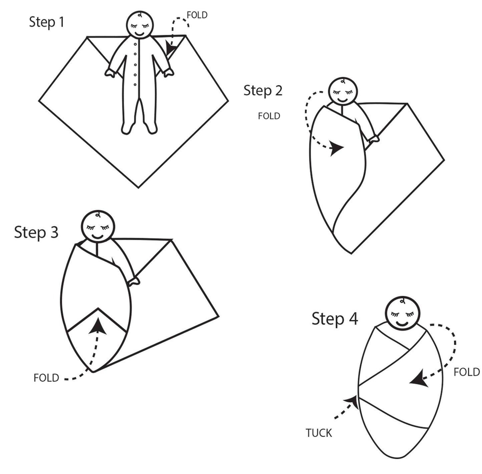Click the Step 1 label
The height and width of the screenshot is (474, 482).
click(x=46, y=22)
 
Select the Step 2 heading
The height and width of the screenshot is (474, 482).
click(x=263, y=90)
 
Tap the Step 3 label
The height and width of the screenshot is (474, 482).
click(x=36, y=232)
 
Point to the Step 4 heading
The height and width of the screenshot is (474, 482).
click(x=335, y=319)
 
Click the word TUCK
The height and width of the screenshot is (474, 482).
click(x=319, y=433)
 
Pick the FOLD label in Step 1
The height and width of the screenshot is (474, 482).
click(x=197, y=15)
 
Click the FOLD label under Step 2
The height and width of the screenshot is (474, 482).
click(x=269, y=116)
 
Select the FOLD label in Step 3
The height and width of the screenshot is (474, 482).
click(x=46, y=378)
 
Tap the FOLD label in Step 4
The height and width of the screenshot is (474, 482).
click(x=467, y=372)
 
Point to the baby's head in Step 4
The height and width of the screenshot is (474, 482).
click(x=403, y=314)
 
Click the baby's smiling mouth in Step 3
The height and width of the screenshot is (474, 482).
click(x=97, y=236)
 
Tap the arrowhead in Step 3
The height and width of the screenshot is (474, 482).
click(x=98, y=326)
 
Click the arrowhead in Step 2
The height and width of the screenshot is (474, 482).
click(x=337, y=148)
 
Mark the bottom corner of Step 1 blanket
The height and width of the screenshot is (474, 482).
click(x=138, y=187)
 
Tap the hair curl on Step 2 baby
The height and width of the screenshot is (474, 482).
click(x=345, y=81)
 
